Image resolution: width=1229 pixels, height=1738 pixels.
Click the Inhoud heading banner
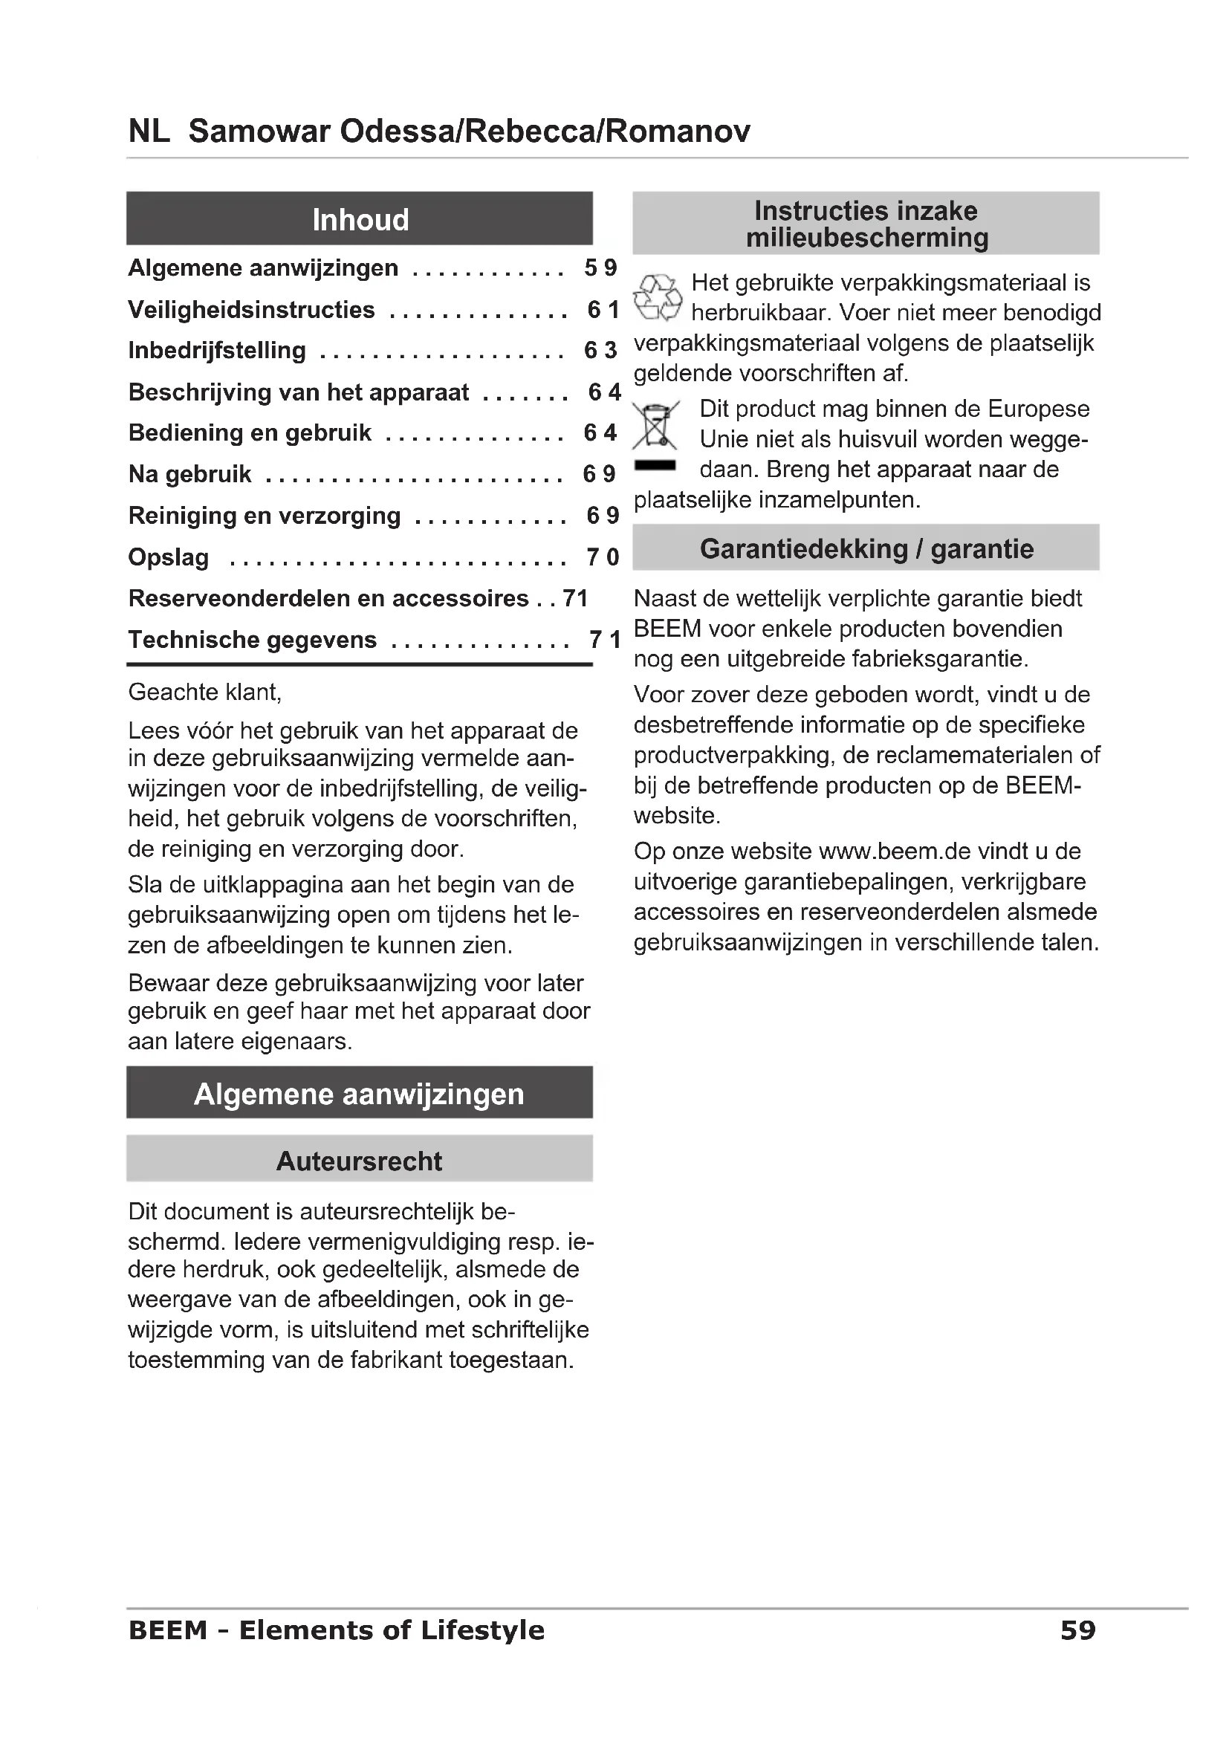(360, 219)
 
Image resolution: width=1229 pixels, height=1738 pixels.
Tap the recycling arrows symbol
(657, 297)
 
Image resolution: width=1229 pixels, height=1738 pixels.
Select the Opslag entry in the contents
(169, 557)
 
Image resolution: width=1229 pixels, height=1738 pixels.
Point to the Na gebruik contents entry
(190, 475)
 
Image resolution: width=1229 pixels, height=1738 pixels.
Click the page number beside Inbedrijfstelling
(601, 351)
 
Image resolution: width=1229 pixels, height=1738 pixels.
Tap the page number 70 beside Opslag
(603, 557)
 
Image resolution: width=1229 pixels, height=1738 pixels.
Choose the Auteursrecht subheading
(360, 1161)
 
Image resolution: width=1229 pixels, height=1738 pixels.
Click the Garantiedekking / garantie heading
(866, 548)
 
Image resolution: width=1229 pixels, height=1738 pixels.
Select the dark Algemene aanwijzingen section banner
(360, 1094)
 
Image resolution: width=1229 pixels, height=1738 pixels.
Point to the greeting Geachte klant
(205, 692)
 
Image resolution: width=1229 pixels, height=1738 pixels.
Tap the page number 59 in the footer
(1077, 1630)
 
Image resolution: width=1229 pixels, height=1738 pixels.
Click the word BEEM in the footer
(168, 1630)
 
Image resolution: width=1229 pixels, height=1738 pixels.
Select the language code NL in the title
(149, 131)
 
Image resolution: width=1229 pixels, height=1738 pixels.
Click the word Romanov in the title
(678, 131)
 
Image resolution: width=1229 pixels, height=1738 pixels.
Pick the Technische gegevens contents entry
(253, 640)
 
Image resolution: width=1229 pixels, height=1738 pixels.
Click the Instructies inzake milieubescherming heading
(866, 224)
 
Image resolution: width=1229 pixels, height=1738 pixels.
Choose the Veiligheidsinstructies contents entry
(251, 310)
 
